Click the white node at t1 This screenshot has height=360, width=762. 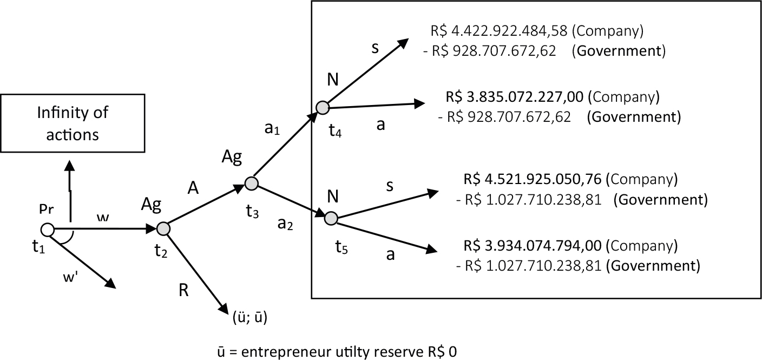point(47,230)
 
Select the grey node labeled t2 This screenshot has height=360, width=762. point(163,228)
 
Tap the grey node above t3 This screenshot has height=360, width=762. point(252,184)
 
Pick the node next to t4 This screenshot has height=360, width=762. point(323,108)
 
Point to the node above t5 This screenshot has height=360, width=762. point(331,218)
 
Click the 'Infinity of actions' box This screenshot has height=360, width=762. point(73,123)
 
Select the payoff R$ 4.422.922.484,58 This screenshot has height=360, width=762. point(499,31)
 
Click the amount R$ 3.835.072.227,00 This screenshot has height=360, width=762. point(514,97)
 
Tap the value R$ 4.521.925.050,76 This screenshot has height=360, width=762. point(533,179)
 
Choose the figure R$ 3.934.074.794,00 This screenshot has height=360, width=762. point(533,246)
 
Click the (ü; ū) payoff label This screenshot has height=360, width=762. point(250,317)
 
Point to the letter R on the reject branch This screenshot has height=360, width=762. point(183,290)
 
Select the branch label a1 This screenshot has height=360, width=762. point(272,129)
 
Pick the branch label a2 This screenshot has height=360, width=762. point(285,224)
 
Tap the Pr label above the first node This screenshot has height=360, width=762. point(46,209)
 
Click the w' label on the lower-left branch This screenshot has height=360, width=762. point(70,277)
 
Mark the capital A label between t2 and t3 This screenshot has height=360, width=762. point(193,188)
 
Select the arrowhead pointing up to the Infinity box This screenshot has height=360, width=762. point(70,166)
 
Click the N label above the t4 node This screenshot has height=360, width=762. point(333,80)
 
